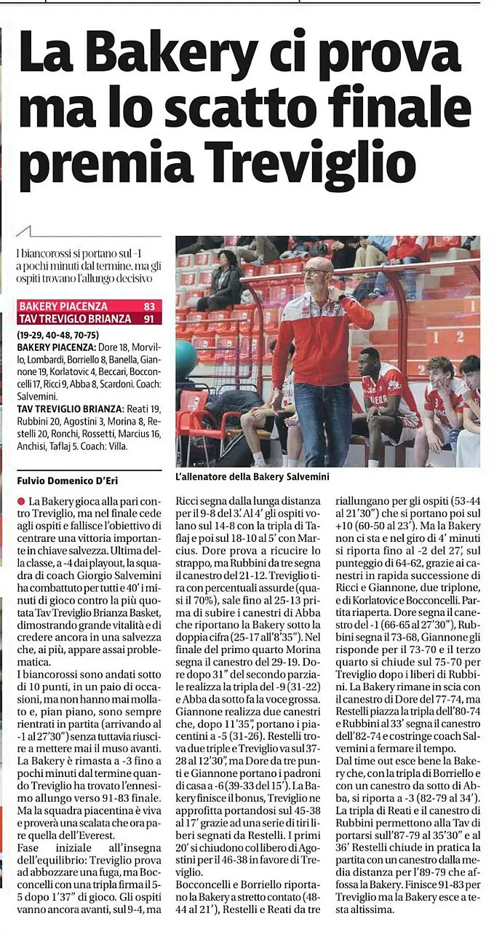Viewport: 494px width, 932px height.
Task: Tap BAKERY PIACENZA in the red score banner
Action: [63, 307]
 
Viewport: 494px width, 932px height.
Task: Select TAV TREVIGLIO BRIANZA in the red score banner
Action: [76, 319]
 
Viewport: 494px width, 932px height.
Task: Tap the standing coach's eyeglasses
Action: [316, 272]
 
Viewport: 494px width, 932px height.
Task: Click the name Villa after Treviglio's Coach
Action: [117, 446]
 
